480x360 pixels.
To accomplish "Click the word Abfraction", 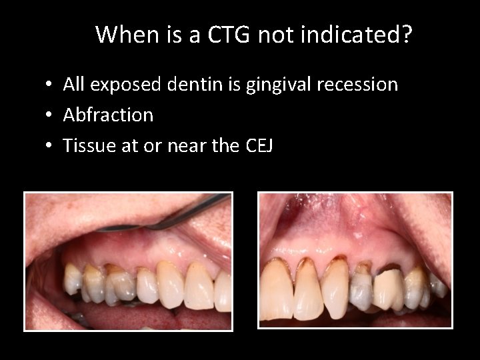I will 108,115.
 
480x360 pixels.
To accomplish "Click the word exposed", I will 123,85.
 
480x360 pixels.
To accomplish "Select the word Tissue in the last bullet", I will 85,145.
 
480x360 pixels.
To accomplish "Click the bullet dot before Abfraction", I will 50,116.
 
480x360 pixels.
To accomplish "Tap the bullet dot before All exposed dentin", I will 50,85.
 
